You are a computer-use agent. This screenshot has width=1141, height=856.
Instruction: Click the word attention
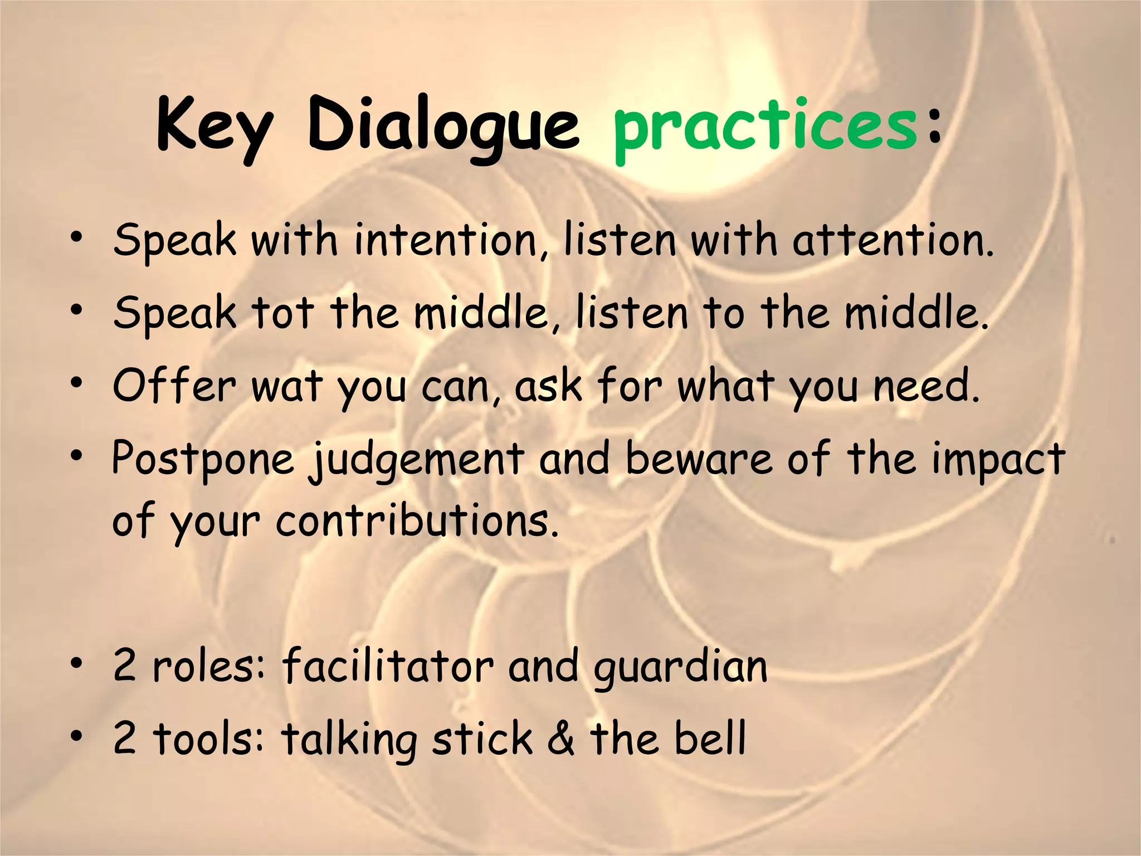tap(892, 241)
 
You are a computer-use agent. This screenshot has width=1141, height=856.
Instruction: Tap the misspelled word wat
tap(287, 386)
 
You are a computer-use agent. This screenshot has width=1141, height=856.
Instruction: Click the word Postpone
tap(203, 460)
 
